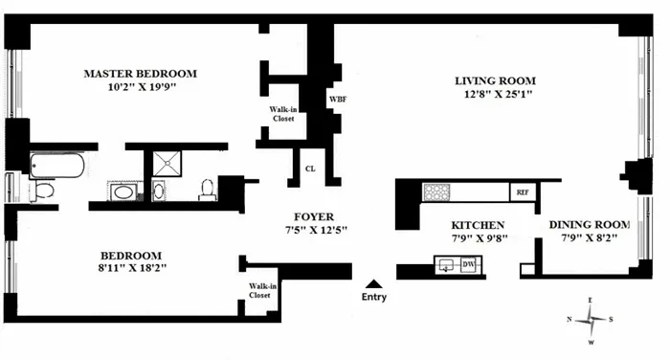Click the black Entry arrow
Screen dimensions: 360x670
(374, 282)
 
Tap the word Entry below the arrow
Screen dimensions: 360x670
(374, 298)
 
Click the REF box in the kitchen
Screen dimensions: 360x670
(523, 191)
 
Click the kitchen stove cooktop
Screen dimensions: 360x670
(438, 191)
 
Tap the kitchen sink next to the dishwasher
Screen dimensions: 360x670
(447, 265)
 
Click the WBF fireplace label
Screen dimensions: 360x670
(338, 99)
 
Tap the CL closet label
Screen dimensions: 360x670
(310, 168)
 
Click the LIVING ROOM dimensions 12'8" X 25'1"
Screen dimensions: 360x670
(495, 95)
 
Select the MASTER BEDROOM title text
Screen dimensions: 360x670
(140, 74)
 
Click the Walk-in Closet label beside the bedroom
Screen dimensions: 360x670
(259, 290)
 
